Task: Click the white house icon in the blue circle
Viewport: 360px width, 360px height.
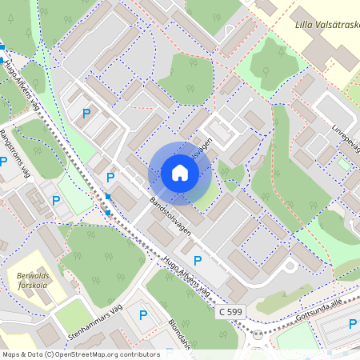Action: (x=180, y=173)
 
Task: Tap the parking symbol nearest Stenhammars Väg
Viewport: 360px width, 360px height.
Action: (x=143, y=315)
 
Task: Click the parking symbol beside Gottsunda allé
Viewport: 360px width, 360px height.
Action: (x=353, y=323)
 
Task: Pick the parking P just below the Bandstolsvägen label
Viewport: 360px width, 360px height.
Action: (x=198, y=261)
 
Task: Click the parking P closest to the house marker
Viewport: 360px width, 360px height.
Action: (x=110, y=177)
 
